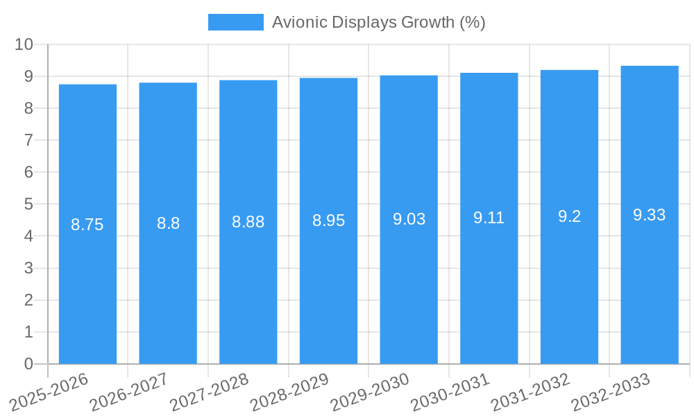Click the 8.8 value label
point(168,223)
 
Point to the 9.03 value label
point(409,219)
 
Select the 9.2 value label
point(569,216)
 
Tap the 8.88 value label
point(248,222)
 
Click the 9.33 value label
point(650,215)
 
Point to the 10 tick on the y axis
point(24,44)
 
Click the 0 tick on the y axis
point(28,364)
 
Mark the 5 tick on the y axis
point(28,205)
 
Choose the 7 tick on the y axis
point(28,140)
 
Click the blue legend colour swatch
point(236,22)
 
